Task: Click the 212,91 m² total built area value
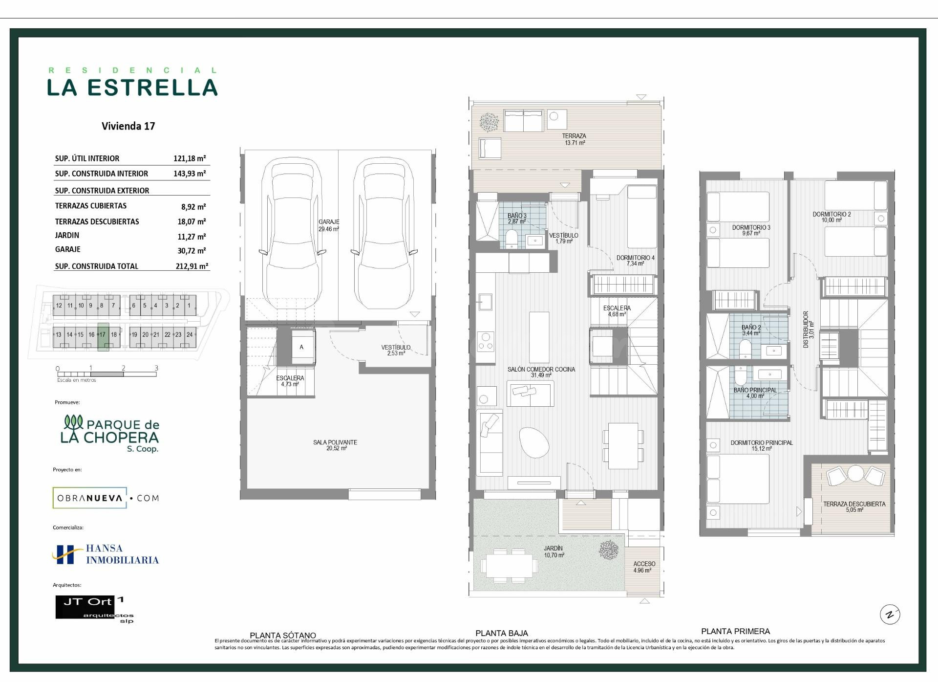pyautogui.click(x=192, y=266)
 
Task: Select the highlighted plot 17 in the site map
pyautogui.click(x=103, y=337)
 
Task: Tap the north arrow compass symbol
pyautogui.click(x=890, y=615)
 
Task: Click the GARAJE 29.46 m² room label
pyautogui.click(x=329, y=225)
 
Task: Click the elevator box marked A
pyautogui.click(x=301, y=347)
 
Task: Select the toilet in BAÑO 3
pyautogui.click(x=512, y=240)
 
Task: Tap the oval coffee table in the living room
pyautogui.click(x=534, y=442)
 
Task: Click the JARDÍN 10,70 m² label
pyautogui.click(x=554, y=551)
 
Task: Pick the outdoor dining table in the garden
pyautogui.click(x=509, y=566)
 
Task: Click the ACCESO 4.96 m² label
pyautogui.click(x=644, y=567)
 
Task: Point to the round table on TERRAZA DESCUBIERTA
pyautogui.click(x=855, y=473)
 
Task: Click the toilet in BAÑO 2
pyautogui.click(x=745, y=349)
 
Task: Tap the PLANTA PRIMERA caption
pyautogui.click(x=735, y=631)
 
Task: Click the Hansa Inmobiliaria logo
pyautogui.click(x=106, y=554)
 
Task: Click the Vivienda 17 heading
pyautogui.click(x=128, y=126)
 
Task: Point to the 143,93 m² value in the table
pyautogui.click(x=190, y=174)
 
